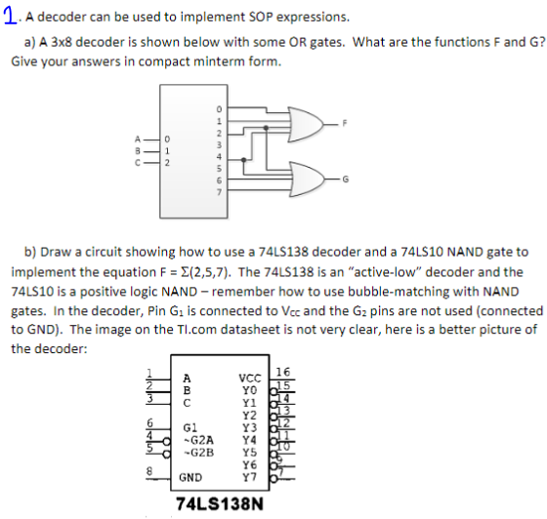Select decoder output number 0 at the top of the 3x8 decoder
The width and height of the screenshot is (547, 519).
220,107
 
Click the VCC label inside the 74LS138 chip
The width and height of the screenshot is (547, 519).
251,378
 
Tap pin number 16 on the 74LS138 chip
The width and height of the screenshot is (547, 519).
284,369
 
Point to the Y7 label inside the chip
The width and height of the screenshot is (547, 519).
253,477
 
